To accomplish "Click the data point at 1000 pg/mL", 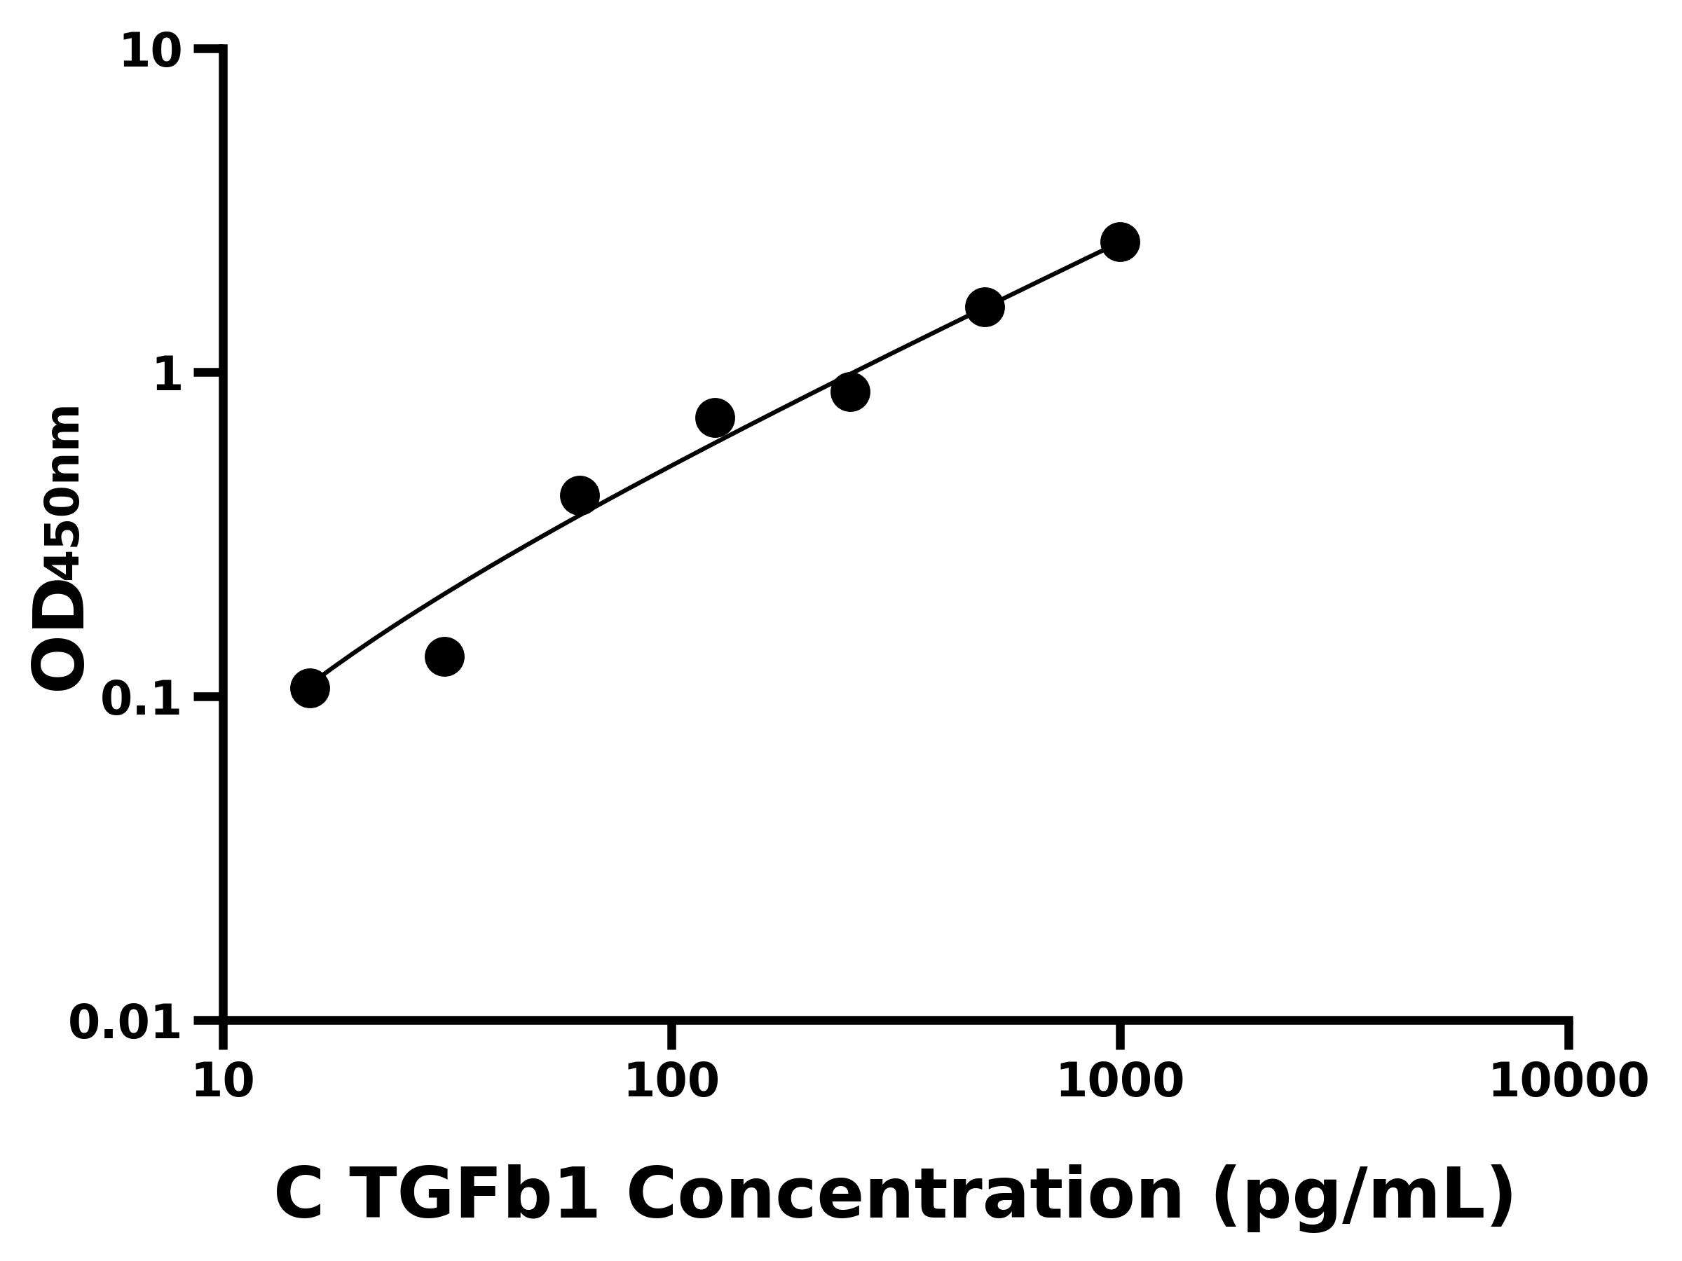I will tap(1119, 242).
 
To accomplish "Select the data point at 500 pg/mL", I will tap(985, 307).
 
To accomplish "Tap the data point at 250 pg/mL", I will tap(850, 392).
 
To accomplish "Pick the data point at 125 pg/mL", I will tap(715, 418).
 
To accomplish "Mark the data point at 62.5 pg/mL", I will tap(580, 495).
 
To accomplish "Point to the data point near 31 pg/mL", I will tap(445, 656).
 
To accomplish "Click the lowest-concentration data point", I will tap(310, 689).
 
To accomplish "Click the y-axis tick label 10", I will tap(151, 53).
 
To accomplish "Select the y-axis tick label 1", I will tap(168, 375).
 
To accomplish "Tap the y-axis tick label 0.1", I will tap(142, 699).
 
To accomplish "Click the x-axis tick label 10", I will tap(223, 1082).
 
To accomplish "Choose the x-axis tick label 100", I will tap(671, 1082).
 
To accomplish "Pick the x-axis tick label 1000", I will tap(1120, 1082).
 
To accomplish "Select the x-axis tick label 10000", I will tap(1568, 1082).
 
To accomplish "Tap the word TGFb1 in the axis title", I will tap(476, 1196).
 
